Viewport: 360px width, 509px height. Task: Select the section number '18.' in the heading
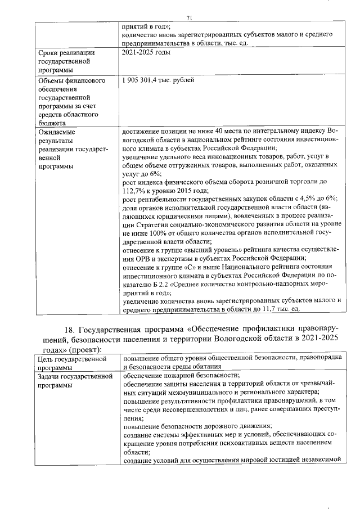(71, 328)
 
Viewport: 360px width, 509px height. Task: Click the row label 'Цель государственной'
(72, 358)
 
